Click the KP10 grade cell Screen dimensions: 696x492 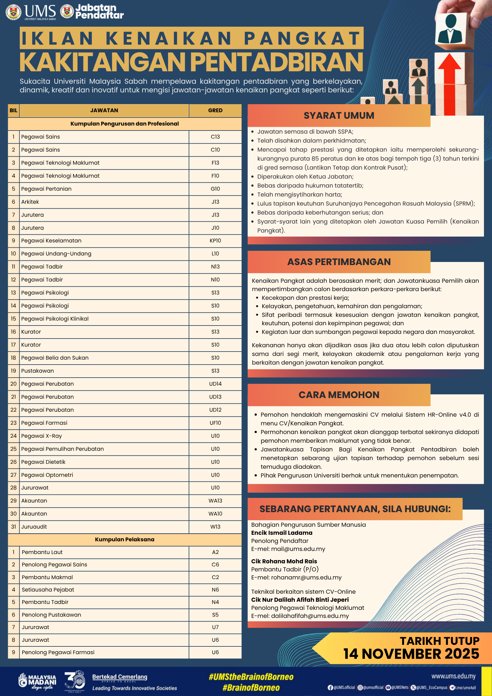pos(215,241)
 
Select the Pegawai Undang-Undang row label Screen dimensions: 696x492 pos(56,254)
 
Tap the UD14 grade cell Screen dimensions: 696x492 pos(215,384)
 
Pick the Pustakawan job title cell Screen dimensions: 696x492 pos(38,371)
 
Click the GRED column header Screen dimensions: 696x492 pos(215,110)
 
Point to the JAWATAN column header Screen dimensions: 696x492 pos(104,110)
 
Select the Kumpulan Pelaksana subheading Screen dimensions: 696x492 pos(124,539)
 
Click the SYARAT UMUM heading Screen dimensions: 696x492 pos(339,116)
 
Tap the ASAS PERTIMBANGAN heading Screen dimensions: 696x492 pos(339,262)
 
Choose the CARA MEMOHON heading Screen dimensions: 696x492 pos(339,395)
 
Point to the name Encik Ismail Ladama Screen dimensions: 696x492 pos(282,533)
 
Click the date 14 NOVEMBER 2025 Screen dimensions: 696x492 pos(411,654)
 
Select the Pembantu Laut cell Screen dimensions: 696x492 pos(42,552)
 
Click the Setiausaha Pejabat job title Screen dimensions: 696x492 pos(48,590)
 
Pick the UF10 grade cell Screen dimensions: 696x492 pos(215,423)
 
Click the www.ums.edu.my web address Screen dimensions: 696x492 pos(453,676)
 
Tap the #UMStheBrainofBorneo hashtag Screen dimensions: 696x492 pos(251,677)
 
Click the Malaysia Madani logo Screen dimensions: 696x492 pos(37,681)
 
